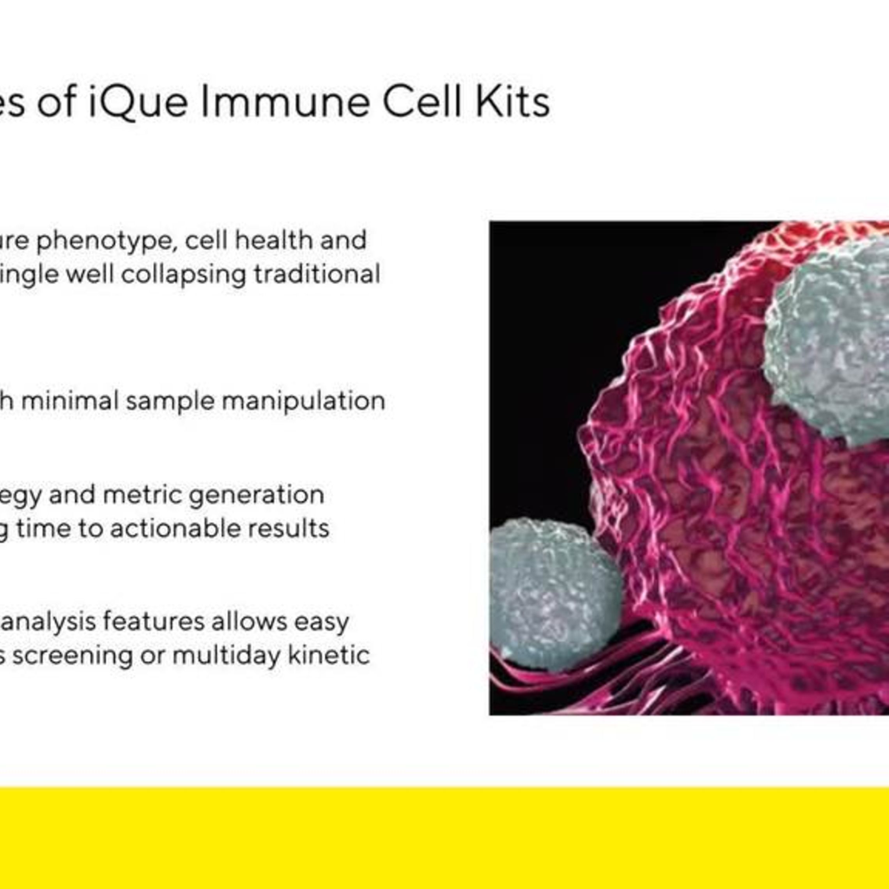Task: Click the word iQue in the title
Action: (138, 102)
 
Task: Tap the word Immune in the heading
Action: (285, 102)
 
